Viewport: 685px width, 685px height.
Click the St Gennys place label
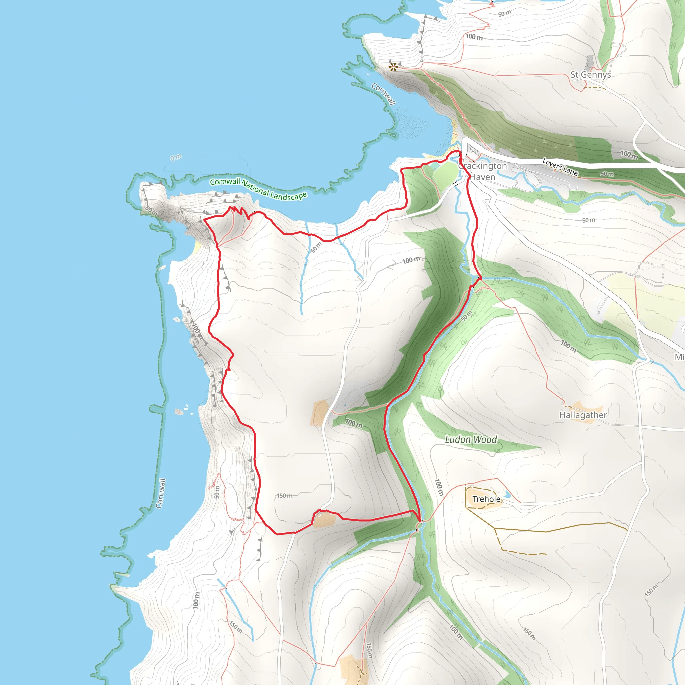[590, 75]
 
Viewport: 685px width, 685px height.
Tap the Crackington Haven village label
[483, 171]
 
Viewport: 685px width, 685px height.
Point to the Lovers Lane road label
[560, 167]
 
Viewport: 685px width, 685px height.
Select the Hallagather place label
[583, 415]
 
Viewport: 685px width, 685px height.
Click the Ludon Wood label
[471, 439]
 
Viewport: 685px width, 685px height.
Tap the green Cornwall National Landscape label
[258, 189]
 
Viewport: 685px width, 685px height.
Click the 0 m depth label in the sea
[176, 157]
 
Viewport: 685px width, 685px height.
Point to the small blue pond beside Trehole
[507, 494]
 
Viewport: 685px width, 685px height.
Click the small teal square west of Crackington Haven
[435, 166]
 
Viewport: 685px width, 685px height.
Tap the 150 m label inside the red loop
[284, 496]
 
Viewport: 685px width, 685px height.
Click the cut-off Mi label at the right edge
[679, 357]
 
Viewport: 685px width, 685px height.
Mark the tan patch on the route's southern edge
[324, 519]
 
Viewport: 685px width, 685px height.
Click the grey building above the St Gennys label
[590, 61]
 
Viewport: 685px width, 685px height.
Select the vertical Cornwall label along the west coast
[161, 493]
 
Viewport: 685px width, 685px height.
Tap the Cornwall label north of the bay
[383, 94]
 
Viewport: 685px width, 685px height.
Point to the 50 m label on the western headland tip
[152, 211]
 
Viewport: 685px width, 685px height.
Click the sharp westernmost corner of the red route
[205, 220]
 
